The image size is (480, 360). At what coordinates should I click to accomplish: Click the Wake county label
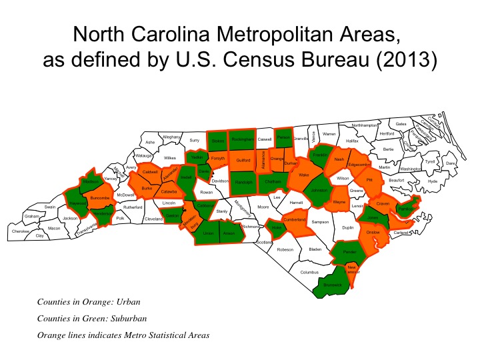pyautogui.click(x=304, y=176)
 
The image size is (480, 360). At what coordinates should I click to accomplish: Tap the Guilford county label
pyautogui.click(x=244, y=161)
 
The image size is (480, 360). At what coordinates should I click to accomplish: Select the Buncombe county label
pyautogui.click(x=100, y=198)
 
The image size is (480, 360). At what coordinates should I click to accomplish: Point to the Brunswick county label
pyautogui.click(x=331, y=285)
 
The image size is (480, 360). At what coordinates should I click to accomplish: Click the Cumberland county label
pyautogui.click(x=294, y=219)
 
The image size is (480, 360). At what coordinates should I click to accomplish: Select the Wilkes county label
pyautogui.click(x=170, y=159)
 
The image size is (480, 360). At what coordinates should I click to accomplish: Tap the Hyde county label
pyautogui.click(x=433, y=181)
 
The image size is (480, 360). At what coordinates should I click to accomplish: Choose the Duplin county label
pyautogui.click(x=347, y=227)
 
